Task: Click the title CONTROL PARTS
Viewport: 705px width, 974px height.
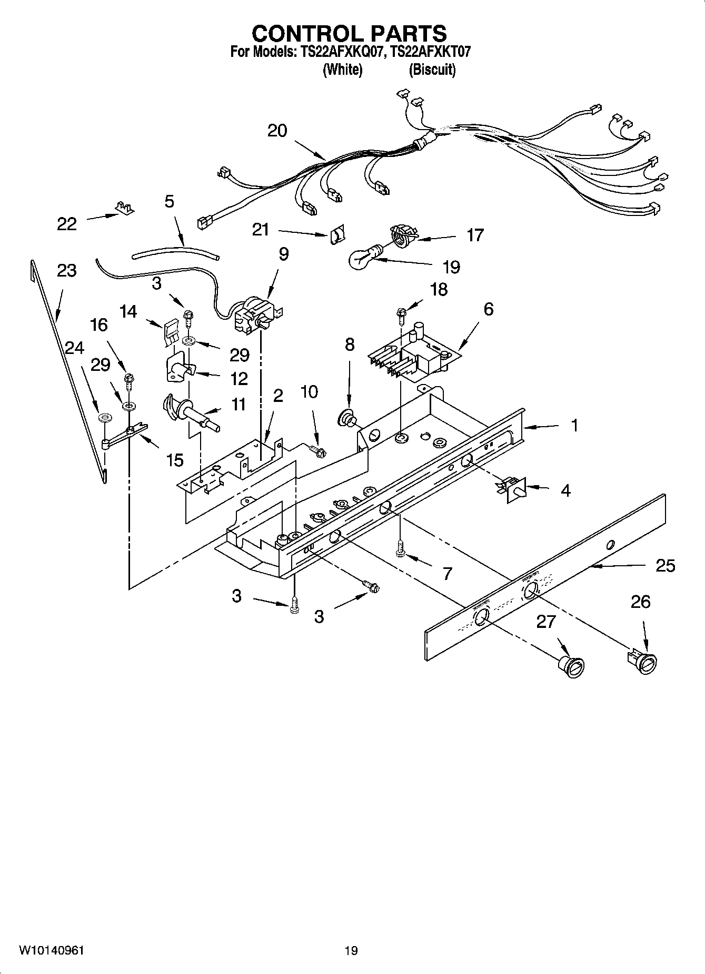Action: pos(349,33)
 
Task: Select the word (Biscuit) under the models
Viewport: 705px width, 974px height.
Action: pos(432,70)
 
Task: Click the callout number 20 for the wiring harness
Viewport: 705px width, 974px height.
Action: pos(277,131)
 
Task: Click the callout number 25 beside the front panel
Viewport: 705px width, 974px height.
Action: pos(666,566)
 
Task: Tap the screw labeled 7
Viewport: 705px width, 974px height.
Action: pos(400,548)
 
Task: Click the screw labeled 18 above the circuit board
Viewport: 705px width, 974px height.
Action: pos(402,314)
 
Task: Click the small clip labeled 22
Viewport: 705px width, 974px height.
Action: pos(124,208)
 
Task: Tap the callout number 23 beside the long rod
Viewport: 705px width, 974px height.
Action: pos(67,271)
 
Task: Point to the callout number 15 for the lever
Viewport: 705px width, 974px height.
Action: pos(175,460)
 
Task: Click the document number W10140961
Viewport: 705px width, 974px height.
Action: pos(52,950)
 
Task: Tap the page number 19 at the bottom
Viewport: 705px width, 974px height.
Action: pos(351,950)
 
